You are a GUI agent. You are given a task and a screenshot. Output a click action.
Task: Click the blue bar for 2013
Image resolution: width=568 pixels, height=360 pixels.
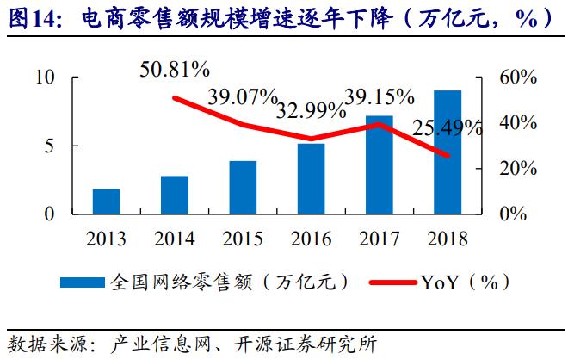(107, 202)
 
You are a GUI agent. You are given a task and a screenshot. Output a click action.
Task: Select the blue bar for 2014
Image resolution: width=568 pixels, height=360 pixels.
(175, 195)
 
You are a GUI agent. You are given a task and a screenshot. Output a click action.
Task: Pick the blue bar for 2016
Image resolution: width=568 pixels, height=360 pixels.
(311, 178)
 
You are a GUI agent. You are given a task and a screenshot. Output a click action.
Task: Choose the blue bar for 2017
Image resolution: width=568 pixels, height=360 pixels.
(379, 164)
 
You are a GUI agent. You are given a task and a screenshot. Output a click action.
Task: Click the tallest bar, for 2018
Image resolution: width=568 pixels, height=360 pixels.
(447, 152)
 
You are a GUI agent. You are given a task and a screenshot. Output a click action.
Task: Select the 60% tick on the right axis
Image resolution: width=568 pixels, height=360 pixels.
(518, 78)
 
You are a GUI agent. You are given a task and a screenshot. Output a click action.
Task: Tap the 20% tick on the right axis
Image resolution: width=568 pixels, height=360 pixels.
(518, 169)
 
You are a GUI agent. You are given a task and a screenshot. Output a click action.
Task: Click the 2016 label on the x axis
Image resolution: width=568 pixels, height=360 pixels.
(311, 239)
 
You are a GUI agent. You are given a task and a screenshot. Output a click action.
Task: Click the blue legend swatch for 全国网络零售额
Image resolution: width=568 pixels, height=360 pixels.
(83, 282)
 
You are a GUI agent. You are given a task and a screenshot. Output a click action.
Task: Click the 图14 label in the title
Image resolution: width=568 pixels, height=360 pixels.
(28, 17)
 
